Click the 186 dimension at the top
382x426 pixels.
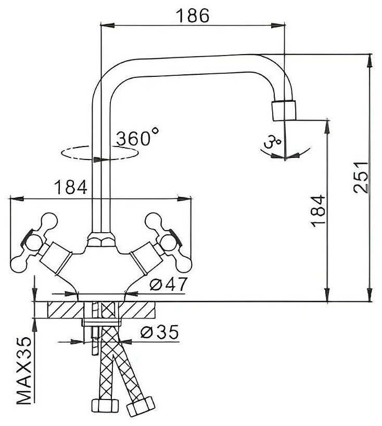192,16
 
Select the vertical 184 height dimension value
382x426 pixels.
319,210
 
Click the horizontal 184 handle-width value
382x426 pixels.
70,187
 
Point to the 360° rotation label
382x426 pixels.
136,138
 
